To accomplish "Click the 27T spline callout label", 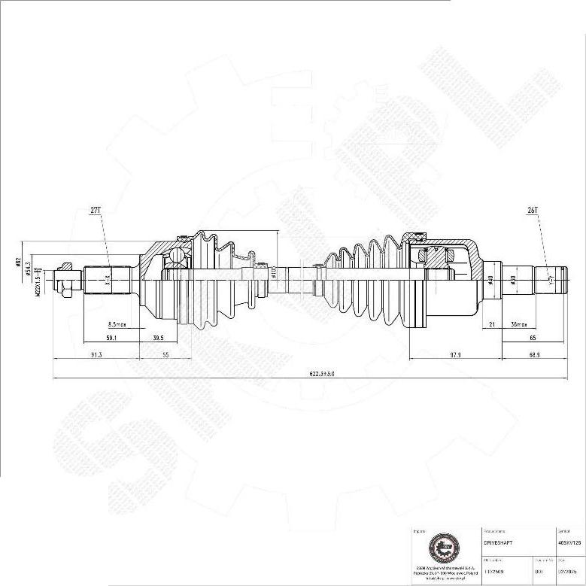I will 96,211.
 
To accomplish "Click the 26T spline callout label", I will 533,211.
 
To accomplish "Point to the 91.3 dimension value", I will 96,354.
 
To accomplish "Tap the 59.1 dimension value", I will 111,339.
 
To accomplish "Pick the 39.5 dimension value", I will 158,339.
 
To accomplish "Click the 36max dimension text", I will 519,324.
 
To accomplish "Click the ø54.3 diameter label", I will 28,268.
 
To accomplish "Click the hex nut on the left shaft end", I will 65,281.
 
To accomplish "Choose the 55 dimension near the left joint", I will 165,354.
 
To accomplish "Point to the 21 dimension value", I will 491,324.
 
